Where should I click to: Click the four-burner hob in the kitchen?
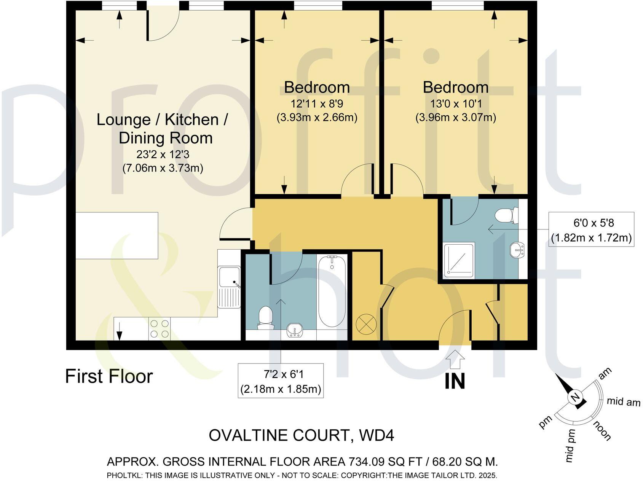click(160, 329)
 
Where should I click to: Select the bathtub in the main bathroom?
click(332, 291)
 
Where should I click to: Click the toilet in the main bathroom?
click(266, 319)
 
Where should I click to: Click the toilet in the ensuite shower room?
click(507, 215)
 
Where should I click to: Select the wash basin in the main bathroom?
click(295, 330)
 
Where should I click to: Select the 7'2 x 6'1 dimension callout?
click(281, 381)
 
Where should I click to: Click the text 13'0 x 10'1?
click(455, 104)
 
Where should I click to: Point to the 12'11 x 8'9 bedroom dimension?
click(317, 104)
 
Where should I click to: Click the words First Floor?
click(109, 376)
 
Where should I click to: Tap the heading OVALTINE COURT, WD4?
click(301, 435)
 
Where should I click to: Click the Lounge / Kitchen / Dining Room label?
click(162, 129)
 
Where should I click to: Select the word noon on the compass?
click(602, 431)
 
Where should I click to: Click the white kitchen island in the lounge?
click(116, 236)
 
